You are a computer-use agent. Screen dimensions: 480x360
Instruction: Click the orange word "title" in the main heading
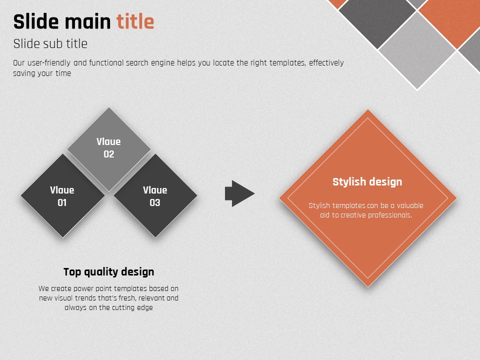click(x=135, y=21)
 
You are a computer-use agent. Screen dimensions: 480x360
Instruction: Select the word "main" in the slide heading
click(x=87, y=21)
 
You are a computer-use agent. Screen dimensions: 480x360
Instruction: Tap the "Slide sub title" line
click(x=50, y=43)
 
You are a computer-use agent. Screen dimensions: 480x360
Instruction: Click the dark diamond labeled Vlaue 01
click(x=63, y=195)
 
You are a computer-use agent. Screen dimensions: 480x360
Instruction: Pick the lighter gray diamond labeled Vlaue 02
click(x=108, y=149)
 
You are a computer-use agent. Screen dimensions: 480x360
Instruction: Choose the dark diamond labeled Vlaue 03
click(x=155, y=195)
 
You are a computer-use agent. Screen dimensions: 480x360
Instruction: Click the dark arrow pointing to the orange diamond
click(x=239, y=193)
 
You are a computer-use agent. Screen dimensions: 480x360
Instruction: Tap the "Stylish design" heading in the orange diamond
click(x=367, y=182)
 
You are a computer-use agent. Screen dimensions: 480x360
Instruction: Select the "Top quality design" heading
click(x=108, y=272)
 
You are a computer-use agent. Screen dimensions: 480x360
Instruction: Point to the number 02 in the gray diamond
click(x=108, y=154)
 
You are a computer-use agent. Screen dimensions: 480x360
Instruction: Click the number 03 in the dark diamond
click(x=155, y=202)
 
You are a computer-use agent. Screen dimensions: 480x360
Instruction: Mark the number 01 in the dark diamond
click(x=62, y=202)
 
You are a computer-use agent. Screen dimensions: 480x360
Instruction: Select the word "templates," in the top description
click(x=287, y=63)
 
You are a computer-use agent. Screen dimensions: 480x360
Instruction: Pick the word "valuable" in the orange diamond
click(x=410, y=205)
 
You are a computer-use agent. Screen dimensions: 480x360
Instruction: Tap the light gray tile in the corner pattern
click(x=417, y=50)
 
